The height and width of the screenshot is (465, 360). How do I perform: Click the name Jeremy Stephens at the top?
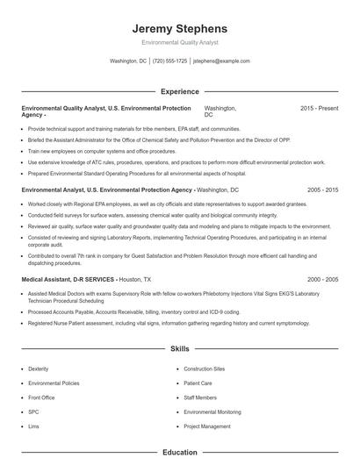point(179,28)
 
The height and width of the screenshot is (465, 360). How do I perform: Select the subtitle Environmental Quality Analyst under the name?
point(179,42)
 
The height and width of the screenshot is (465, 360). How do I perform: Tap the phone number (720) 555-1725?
point(169,61)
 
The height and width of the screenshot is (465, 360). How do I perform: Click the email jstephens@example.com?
point(221,61)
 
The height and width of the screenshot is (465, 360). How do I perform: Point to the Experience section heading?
point(179,91)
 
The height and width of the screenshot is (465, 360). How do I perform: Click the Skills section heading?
point(179,348)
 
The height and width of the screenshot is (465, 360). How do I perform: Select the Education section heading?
point(179,453)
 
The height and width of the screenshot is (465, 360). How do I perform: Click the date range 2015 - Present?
point(319,108)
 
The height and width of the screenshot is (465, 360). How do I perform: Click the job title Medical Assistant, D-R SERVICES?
point(68,279)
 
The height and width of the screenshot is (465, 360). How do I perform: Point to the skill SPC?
point(34,412)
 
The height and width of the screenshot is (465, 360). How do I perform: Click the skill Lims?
point(34,427)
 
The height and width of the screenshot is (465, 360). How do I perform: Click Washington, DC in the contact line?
point(128,61)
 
